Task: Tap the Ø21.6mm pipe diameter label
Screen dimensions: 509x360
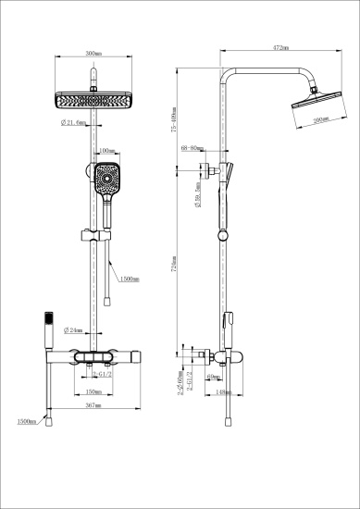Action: click(74, 123)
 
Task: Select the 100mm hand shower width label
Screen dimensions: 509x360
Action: click(106, 149)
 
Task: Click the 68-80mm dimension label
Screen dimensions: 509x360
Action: click(193, 147)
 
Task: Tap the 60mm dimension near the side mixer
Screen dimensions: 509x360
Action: click(212, 378)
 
